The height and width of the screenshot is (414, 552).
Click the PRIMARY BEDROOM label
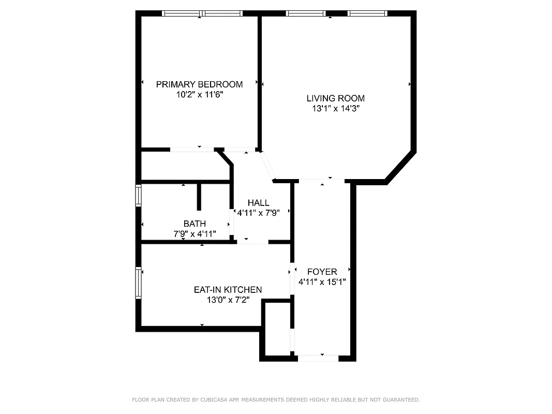[199, 84]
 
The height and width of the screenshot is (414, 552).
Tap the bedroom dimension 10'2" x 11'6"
[199, 95]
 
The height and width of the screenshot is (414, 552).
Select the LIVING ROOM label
[335, 98]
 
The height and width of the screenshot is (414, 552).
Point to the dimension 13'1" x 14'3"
[335, 109]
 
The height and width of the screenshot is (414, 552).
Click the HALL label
[258, 203]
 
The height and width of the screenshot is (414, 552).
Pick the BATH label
[195, 224]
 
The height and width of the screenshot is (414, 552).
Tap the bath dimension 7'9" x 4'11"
[195, 234]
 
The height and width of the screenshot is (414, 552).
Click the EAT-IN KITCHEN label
[228, 290]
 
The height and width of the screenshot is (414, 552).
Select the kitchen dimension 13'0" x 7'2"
[228, 300]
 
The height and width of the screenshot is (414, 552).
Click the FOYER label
[322, 272]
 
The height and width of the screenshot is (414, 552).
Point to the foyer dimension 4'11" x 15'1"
[322, 282]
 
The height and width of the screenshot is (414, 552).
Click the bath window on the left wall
[138, 196]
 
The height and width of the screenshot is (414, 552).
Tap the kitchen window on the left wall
[138, 283]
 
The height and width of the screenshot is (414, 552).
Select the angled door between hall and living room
[267, 166]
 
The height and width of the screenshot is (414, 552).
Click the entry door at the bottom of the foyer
[318, 358]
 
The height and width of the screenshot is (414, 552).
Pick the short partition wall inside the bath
[199, 196]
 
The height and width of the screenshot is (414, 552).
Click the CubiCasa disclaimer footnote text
[276, 400]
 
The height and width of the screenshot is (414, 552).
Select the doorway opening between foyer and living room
[322, 180]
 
